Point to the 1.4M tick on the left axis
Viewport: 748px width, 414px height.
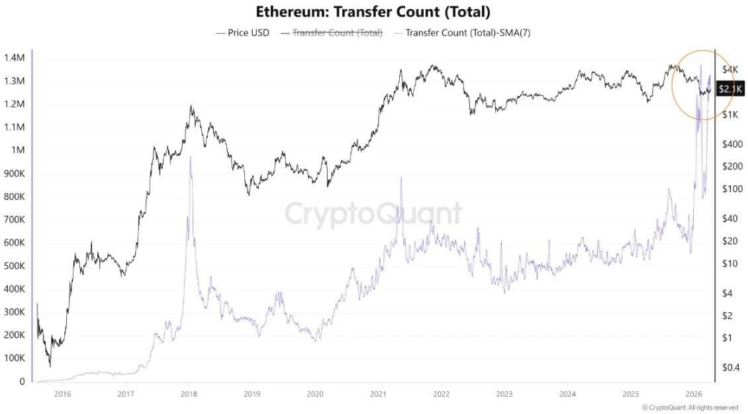tap(15, 58)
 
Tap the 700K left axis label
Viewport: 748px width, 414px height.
tap(14, 220)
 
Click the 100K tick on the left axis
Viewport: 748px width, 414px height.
tap(14, 358)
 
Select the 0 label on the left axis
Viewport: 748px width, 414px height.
tap(21, 382)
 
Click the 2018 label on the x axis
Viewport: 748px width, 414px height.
tap(189, 394)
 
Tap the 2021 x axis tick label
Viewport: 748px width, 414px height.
tap(377, 394)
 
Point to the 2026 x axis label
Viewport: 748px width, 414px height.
tap(693, 394)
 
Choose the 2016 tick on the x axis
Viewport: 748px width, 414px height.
tap(63, 394)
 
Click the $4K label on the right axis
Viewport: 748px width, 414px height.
tap(730, 69)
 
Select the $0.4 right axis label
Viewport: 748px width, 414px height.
tap(731, 367)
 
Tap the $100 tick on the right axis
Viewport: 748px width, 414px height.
tap(732, 189)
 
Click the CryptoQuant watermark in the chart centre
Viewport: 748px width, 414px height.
tap(374, 214)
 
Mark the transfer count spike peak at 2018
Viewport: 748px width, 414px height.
tap(190, 157)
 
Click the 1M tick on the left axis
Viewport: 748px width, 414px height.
tap(18, 150)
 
